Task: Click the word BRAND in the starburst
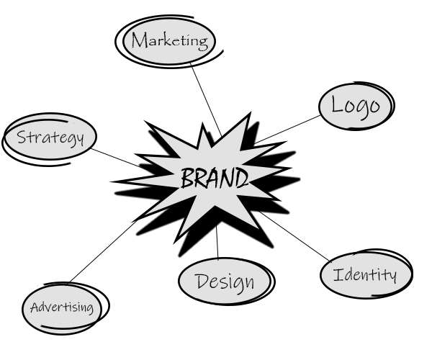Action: tap(214, 178)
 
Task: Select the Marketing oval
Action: tap(168, 41)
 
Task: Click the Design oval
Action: tap(225, 281)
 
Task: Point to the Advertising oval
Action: tap(62, 308)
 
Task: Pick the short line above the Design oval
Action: tap(217, 245)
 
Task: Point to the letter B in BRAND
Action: tap(186, 178)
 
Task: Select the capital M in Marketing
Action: tap(138, 40)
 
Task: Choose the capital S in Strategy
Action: tap(22, 137)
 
